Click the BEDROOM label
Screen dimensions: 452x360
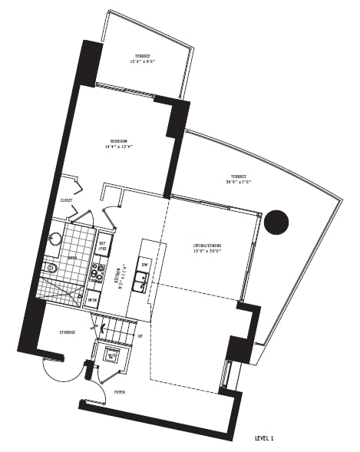point(118,141)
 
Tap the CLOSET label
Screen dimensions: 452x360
point(67,200)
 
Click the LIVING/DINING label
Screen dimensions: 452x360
point(208,246)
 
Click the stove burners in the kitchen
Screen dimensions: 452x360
point(98,272)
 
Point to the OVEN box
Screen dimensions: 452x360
point(92,300)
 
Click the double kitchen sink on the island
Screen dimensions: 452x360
point(141,283)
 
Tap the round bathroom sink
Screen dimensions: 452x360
point(54,239)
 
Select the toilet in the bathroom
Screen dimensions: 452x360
point(51,268)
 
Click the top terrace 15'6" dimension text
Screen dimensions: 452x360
point(143,62)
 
